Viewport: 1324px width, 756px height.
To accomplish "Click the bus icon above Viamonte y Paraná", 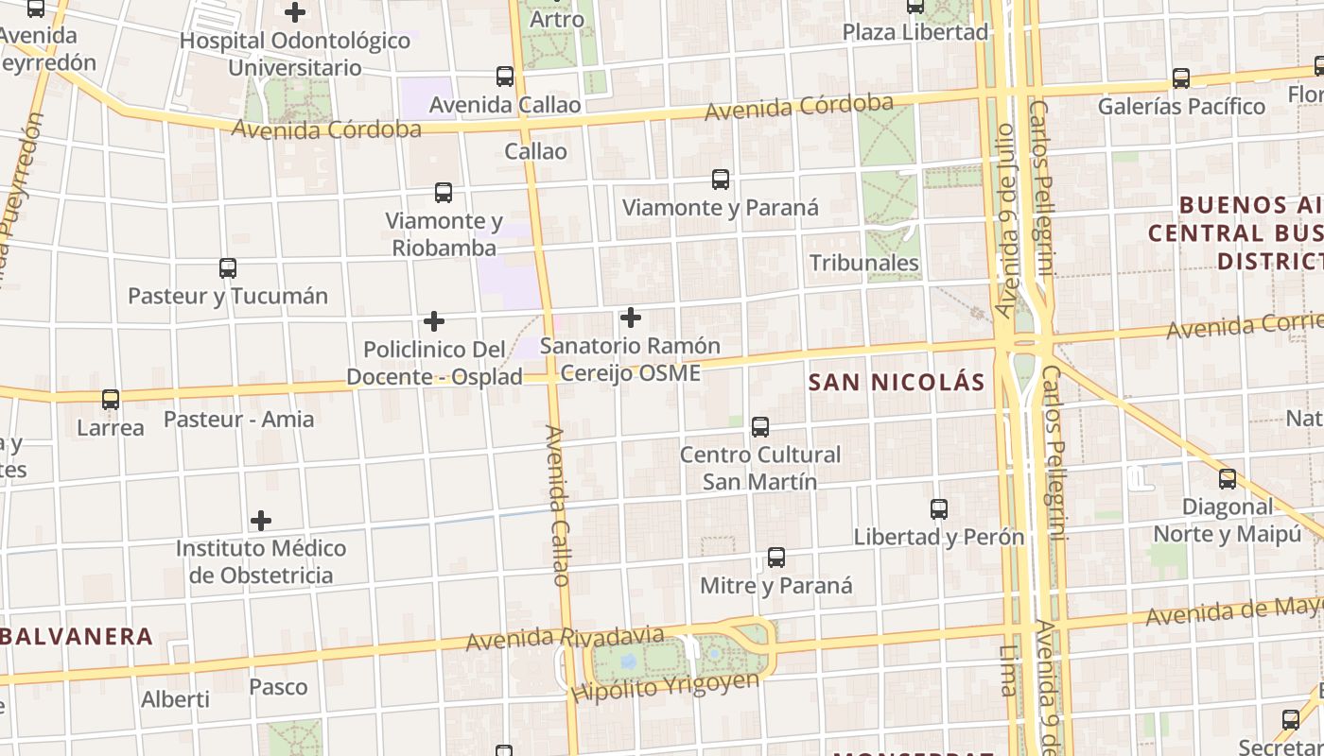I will (721, 179).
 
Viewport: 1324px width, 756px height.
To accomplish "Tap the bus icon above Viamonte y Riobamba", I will (444, 193).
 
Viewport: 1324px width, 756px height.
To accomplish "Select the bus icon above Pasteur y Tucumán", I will (228, 267).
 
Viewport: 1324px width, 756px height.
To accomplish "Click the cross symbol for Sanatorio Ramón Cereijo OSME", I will (631, 318).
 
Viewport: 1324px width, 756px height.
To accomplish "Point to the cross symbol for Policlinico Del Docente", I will (434, 321).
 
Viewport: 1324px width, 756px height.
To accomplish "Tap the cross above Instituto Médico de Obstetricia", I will (261, 520).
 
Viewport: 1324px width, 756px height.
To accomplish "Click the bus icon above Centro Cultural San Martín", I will (760, 426).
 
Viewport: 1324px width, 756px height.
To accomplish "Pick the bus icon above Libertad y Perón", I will (939, 509).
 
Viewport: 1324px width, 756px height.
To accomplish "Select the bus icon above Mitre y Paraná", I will (776, 558).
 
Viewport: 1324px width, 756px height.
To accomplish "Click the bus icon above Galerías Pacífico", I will (1181, 78).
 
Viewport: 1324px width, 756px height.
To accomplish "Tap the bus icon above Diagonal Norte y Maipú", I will (1228, 479).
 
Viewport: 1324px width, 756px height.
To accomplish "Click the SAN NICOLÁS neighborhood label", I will (897, 383).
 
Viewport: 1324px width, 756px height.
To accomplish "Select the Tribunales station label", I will (864, 263).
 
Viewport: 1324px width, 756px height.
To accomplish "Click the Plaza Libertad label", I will (915, 32).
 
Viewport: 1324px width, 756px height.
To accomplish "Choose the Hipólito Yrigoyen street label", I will (665, 687).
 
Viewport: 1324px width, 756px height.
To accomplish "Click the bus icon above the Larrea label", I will (111, 400).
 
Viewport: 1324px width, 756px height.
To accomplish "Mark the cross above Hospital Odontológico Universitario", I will (295, 12).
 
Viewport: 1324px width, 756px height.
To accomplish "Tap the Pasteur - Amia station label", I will (239, 419).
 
